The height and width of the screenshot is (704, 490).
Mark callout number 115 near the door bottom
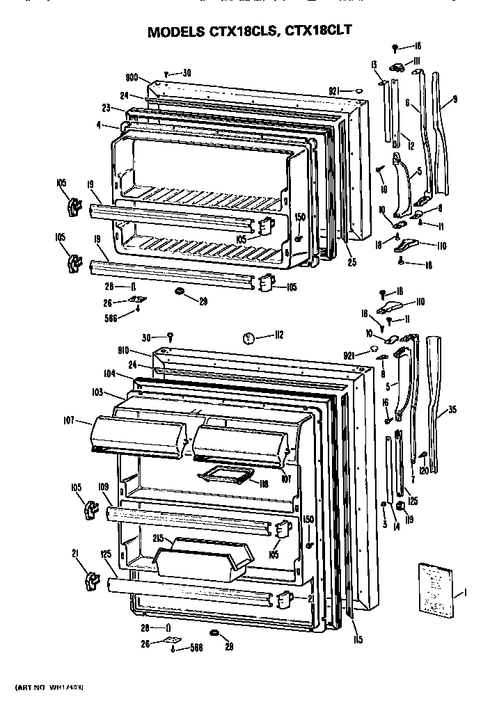point(358,639)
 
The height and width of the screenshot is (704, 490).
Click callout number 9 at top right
point(454,99)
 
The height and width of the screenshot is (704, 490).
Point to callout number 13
point(374,65)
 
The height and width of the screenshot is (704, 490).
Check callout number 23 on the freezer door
point(106,109)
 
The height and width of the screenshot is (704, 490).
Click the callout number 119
point(409,518)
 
